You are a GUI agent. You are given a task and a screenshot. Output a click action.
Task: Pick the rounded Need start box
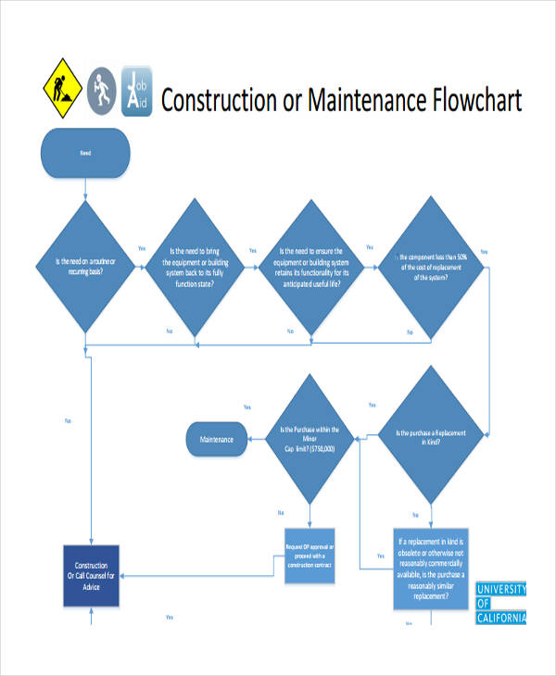point(84,153)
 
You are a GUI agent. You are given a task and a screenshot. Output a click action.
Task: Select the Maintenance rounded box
point(217,439)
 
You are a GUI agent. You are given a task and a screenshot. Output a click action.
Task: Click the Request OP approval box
point(310,556)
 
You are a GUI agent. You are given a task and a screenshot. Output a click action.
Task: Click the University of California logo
point(500,604)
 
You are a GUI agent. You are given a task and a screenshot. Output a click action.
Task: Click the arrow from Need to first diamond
point(85,190)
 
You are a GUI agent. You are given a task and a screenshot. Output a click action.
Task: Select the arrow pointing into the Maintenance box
point(256,439)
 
